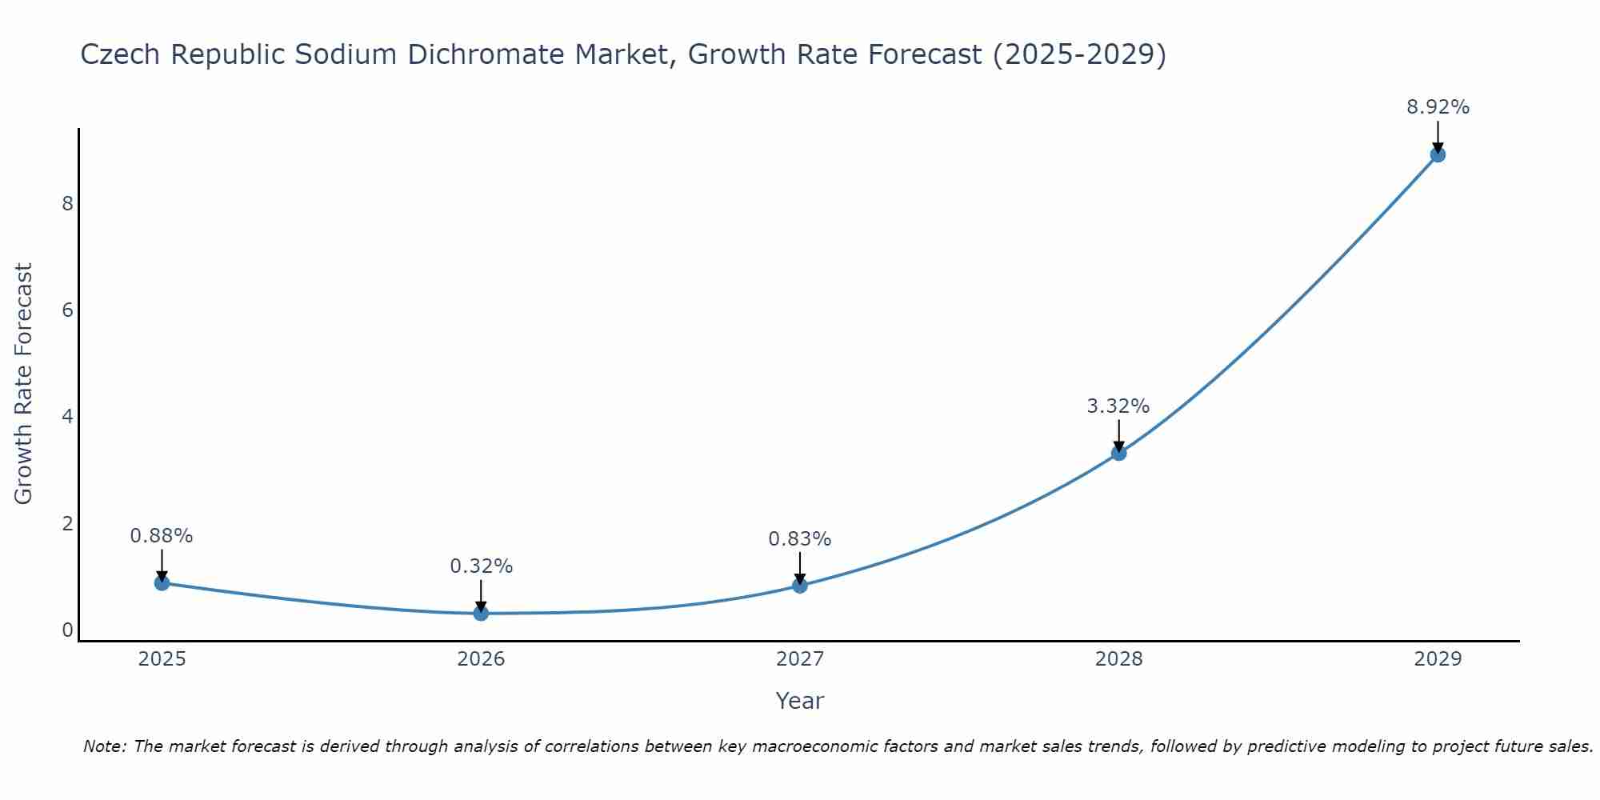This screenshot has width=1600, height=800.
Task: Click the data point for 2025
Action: (162, 582)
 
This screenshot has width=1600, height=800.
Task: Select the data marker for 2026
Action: (481, 613)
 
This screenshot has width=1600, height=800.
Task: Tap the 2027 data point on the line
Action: (800, 585)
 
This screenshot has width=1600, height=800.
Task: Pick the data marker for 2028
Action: (1118, 453)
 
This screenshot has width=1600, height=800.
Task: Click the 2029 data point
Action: (1438, 154)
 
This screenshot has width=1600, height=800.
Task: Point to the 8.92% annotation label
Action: (1438, 107)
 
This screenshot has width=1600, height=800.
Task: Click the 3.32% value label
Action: (1118, 406)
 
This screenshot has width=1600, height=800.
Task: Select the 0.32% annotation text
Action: (481, 566)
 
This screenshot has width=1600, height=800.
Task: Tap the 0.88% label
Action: (162, 536)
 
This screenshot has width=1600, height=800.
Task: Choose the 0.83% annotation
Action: (800, 539)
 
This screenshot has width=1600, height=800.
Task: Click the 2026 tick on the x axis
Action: (481, 659)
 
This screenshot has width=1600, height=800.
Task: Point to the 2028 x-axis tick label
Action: (1118, 659)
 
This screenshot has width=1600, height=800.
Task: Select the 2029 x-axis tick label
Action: (1438, 659)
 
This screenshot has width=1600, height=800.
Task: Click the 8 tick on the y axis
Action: (67, 203)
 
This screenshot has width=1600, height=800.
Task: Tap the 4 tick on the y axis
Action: (67, 417)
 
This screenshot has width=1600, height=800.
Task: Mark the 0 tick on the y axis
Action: (67, 630)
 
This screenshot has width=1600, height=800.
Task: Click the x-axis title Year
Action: (799, 701)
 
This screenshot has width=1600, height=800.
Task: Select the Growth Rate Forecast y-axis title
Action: (24, 384)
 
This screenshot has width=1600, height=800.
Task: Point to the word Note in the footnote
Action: (104, 746)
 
